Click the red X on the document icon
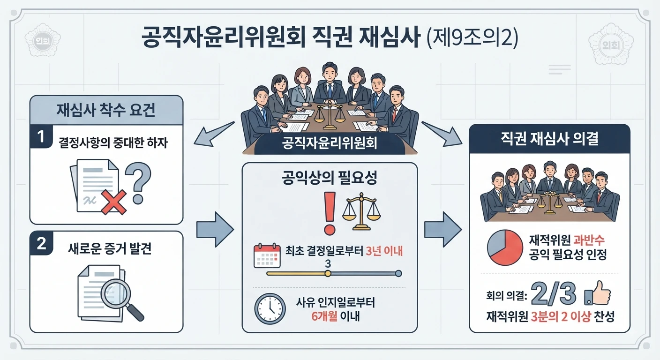click(x=114, y=202)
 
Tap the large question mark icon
click(x=138, y=183)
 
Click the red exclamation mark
click(x=330, y=213)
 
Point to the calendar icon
click(x=267, y=255)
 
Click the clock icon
click(x=270, y=309)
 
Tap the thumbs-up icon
click(x=598, y=293)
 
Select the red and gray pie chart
click(x=505, y=247)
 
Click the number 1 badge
click(x=41, y=136)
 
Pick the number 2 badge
click(x=41, y=243)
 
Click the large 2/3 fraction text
click(x=554, y=294)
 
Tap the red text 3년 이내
click(x=384, y=251)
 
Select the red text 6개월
click(x=324, y=316)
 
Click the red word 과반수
click(x=589, y=240)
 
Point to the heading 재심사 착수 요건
click(x=106, y=110)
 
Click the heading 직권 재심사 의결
click(x=549, y=138)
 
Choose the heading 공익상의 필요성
click(x=330, y=178)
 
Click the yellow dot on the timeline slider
click(x=328, y=274)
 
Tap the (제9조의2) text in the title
click(x=472, y=38)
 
